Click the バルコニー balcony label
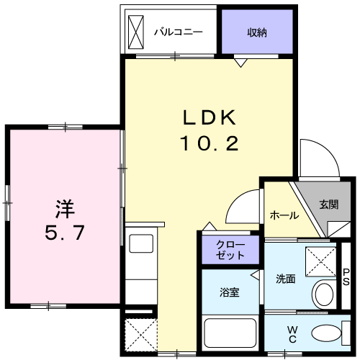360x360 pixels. click(x=179, y=32)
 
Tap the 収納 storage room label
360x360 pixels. click(x=257, y=32)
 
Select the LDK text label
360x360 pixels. click(x=210, y=117)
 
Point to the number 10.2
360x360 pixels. click(x=209, y=143)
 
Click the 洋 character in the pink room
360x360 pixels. click(x=65, y=209)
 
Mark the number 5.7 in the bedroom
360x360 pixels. click(x=65, y=233)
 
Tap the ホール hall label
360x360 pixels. click(x=284, y=215)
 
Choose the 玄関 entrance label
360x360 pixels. click(x=329, y=204)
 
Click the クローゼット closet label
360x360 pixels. click(x=230, y=250)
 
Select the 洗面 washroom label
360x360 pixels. click(x=286, y=279)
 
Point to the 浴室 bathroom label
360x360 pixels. click(x=230, y=292)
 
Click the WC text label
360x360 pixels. click(x=292, y=334)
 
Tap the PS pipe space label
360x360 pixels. click(x=346, y=276)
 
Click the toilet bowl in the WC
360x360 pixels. click(x=326, y=333)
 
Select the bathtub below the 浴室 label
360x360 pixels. click(x=230, y=333)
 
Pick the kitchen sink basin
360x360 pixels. click(x=141, y=243)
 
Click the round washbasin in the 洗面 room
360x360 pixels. click(x=324, y=294)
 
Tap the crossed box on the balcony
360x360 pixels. click(x=136, y=32)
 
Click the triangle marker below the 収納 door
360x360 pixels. click(x=240, y=63)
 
